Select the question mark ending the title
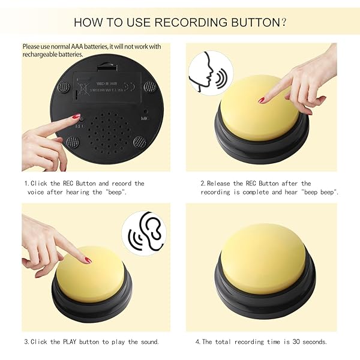283,23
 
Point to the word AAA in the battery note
77,46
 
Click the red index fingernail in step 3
88,260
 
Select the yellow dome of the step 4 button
263,258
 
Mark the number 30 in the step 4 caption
296,341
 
